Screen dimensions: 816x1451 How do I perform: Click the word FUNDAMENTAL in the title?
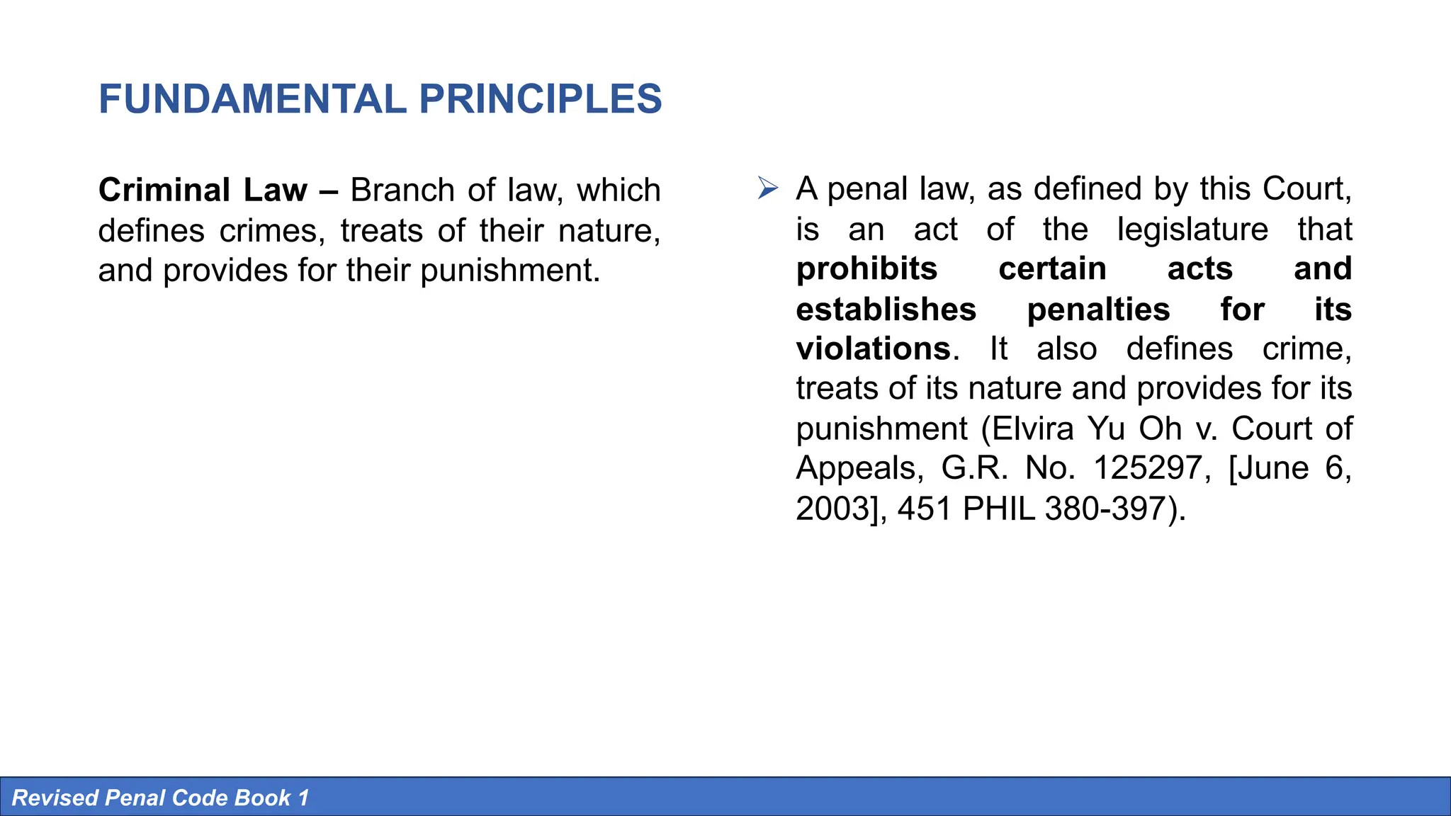pyautogui.click(x=252, y=99)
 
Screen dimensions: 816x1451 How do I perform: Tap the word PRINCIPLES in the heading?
pyautogui.click(x=540, y=99)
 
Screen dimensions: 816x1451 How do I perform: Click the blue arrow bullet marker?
pyautogui.click(x=767, y=188)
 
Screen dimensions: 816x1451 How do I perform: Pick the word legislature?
pyautogui.click(x=1192, y=229)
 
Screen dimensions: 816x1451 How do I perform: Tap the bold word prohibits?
pyautogui.click(x=866, y=269)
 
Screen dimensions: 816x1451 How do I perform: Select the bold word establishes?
pyautogui.click(x=886, y=310)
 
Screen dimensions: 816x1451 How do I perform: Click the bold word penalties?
pyautogui.click(x=1098, y=310)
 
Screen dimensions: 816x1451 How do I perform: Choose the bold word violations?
pyautogui.click(x=873, y=349)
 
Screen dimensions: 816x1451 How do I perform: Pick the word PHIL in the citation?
pyautogui.click(x=999, y=509)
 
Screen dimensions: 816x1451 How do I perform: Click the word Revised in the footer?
pyautogui.click(x=55, y=798)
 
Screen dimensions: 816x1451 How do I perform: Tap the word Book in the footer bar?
pyautogui.click(x=262, y=798)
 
